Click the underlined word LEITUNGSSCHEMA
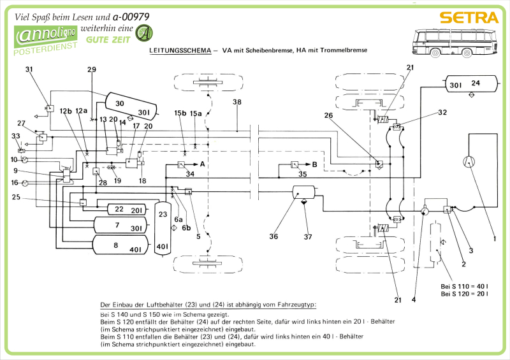click(180, 50)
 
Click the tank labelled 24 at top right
click(470, 83)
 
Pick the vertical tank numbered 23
click(163, 227)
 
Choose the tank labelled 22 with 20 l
click(125, 209)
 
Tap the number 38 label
click(237, 102)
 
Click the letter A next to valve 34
click(203, 164)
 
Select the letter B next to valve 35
click(314, 164)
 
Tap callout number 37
click(308, 237)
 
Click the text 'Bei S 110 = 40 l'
click(465, 285)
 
